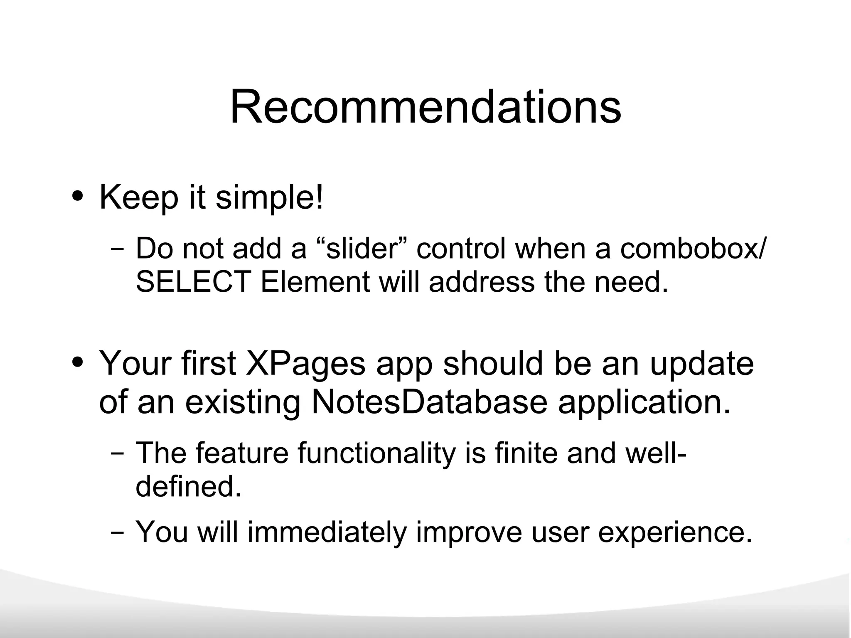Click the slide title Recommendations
click(x=425, y=107)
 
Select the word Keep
click(x=138, y=198)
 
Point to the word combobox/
click(x=691, y=249)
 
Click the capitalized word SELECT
click(x=193, y=282)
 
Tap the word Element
click(x=315, y=282)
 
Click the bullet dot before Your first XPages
click(x=77, y=362)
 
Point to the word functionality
click(x=376, y=453)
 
